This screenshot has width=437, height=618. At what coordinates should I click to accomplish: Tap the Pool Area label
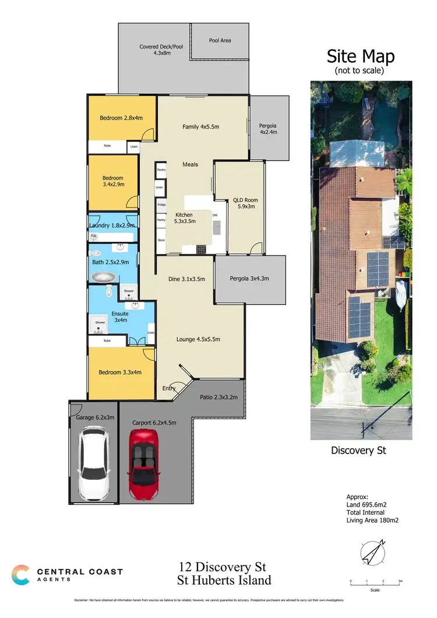tap(220, 41)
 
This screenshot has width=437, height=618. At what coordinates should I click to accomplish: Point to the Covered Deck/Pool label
tap(161, 50)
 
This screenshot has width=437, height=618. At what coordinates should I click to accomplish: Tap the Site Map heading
tap(360, 57)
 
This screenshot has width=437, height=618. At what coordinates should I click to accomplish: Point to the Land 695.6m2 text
tap(367, 505)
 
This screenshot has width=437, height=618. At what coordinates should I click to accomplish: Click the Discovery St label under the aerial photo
tap(358, 450)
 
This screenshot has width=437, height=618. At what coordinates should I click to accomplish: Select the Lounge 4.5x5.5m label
tap(199, 339)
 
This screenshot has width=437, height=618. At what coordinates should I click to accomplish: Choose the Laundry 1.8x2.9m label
tap(112, 226)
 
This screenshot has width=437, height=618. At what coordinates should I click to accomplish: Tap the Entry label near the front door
tap(169, 388)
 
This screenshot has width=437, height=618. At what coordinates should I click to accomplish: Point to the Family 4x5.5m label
tap(200, 127)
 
